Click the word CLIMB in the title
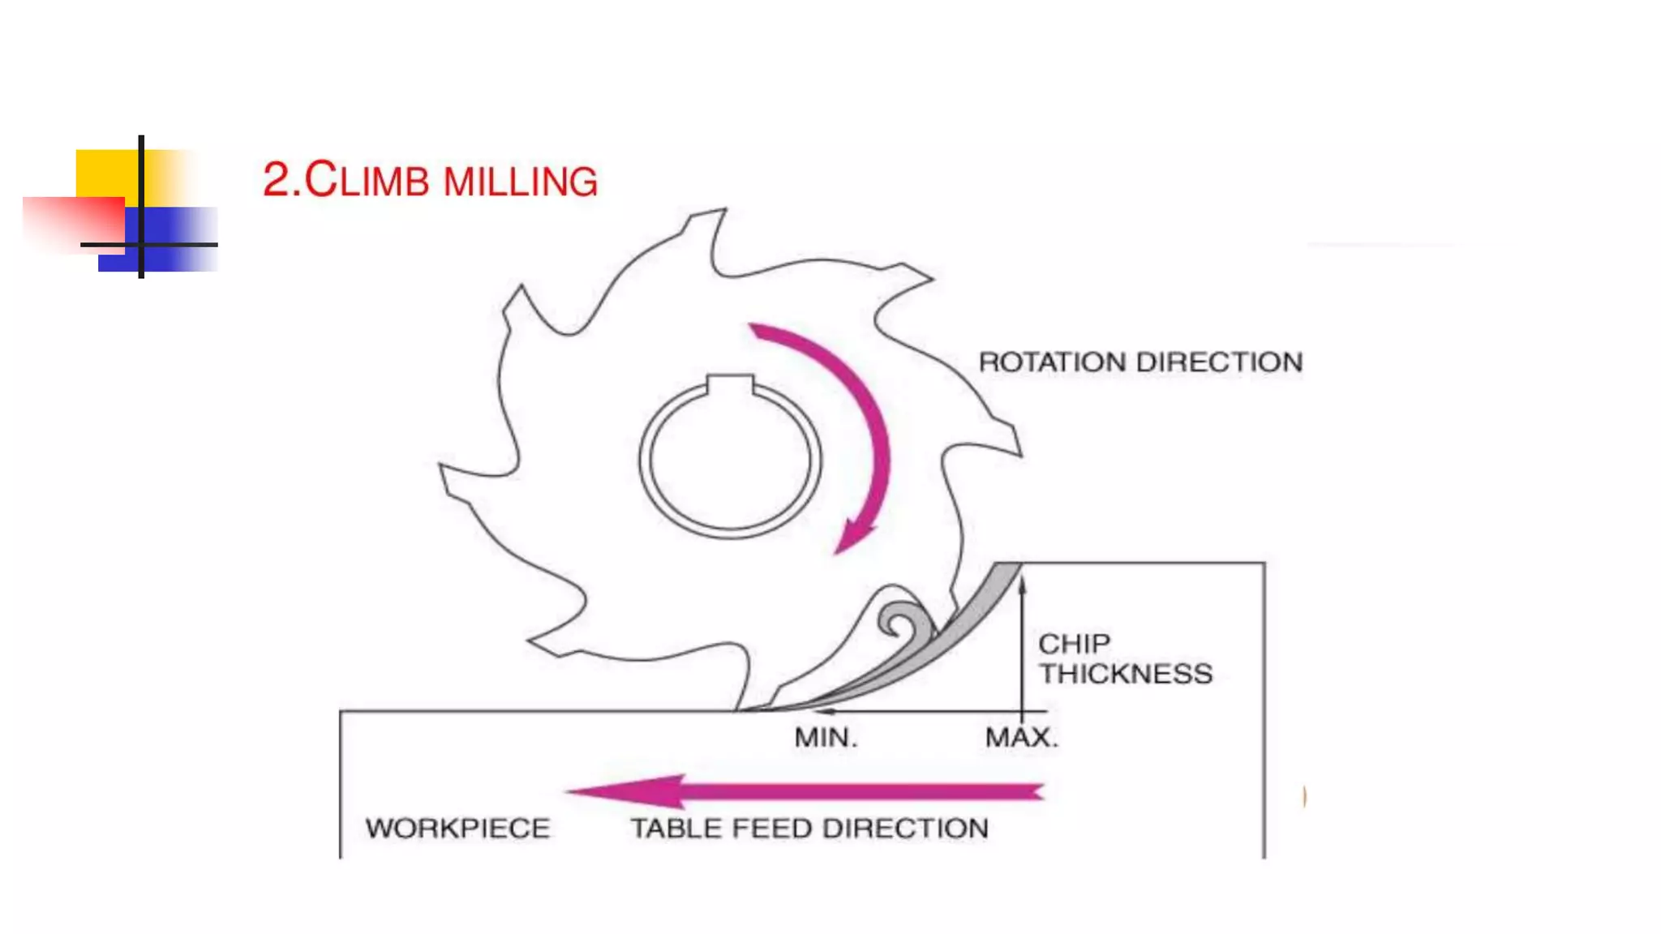coord(367,180)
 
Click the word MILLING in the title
coord(520,182)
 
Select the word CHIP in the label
coord(1074,644)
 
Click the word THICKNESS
coord(1126,674)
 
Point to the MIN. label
coord(825,738)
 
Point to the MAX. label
coord(1021,738)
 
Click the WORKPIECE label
coord(457,829)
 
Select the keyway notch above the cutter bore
coord(730,384)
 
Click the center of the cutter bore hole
coord(730,461)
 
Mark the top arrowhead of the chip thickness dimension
coord(1022,582)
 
